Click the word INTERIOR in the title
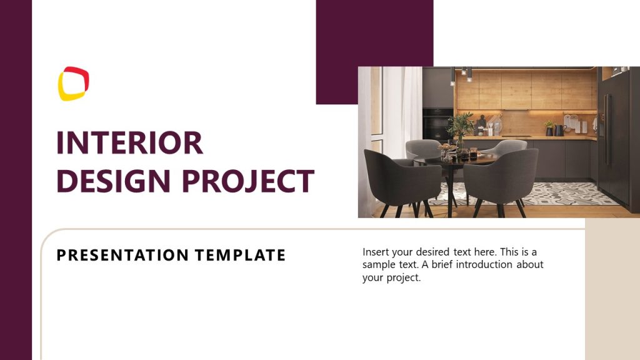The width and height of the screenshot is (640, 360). pyautogui.click(x=129, y=143)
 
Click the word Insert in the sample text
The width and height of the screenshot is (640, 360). pyautogui.click(x=376, y=252)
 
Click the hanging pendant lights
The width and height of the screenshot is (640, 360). pyautogui.click(x=460, y=76)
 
